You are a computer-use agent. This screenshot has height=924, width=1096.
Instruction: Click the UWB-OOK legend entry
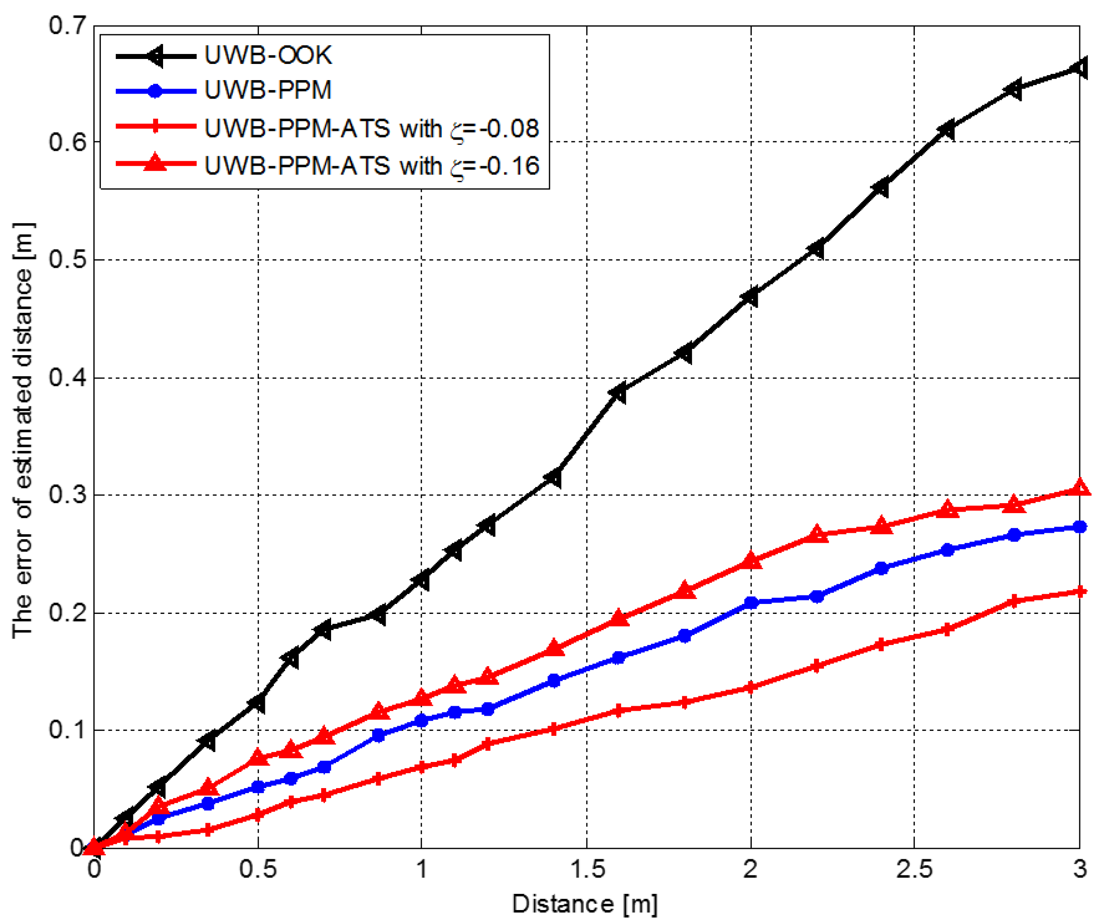267,55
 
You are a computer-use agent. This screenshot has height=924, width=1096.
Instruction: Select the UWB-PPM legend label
267,90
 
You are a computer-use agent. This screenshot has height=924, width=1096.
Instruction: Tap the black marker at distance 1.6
619,393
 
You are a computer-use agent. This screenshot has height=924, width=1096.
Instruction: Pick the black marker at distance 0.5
257,703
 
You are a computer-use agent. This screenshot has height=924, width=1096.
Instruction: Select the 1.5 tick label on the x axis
587,870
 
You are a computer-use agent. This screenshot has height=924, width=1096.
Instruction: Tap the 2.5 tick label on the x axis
914,870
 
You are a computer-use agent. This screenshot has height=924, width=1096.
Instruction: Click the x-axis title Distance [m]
584,904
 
